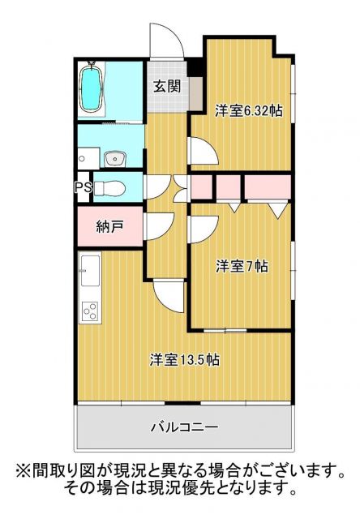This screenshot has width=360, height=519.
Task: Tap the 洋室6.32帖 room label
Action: pos(248,111)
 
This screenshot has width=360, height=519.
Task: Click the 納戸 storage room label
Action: pos(109,227)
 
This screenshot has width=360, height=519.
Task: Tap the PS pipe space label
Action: pos(82,187)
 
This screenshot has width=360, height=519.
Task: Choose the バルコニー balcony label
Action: pos(183,426)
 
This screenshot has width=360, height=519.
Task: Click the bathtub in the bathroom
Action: pos(92,87)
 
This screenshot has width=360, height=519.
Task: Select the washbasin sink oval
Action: pos(113,157)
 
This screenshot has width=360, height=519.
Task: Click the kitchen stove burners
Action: pos(90,311)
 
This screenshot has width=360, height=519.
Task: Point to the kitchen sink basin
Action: pos(89,267)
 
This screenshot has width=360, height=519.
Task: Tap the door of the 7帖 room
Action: pos(202,229)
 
